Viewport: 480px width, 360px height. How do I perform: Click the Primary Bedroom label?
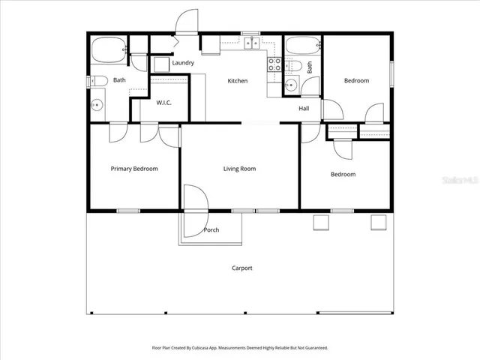pos(134,169)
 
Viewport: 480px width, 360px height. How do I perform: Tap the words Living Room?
pos(239,169)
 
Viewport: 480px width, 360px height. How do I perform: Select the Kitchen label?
pos(238,81)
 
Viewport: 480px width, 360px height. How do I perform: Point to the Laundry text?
pos(183,63)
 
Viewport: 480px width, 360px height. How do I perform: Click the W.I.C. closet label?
pos(163,103)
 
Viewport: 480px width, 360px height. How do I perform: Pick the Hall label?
pos(304,109)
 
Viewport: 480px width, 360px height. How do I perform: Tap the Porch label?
pos(211,230)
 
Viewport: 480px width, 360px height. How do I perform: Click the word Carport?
pos(241,268)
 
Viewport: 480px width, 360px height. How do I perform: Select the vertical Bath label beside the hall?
pos(309,67)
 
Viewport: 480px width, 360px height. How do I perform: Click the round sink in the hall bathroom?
pos(290,85)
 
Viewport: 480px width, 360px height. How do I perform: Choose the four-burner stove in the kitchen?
pos(274,65)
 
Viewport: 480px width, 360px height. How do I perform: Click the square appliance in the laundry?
pos(161,64)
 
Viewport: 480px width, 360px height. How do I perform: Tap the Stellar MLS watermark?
pos(460,180)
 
